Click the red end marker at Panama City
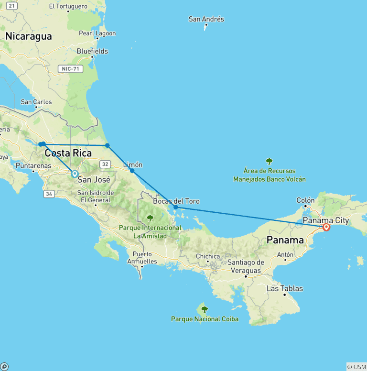coord(326,227)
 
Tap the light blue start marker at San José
coord(75,174)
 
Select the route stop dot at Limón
coord(132,171)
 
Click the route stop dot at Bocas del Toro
coord(176,207)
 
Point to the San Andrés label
coord(206,19)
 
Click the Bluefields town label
coord(92,51)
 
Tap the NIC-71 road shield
coord(71,69)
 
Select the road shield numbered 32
coord(105,164)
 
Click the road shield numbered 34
coord(48,194)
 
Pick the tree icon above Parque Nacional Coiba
coord(205,309)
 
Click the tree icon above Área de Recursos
coord(269,162)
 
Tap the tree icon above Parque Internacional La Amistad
coord(150,218)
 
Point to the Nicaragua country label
coord(28,36)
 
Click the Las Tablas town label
coord(284,288)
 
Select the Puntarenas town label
coord(33,165)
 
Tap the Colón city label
coord(305,200)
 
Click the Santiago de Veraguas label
coord(246,267)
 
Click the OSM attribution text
coord(356,367)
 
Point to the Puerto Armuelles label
coord(142,258)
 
